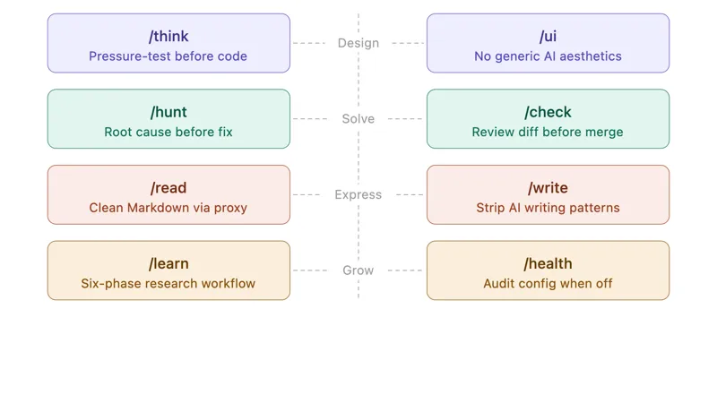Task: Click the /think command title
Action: coord(168,36)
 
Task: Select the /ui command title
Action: coord(548,36)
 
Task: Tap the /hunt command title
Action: coord(168,112)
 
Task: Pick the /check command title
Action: coord(548,112)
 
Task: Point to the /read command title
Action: coord(168,188)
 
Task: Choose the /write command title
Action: coord(548,188)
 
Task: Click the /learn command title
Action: coord(168,263)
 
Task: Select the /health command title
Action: coord(548,263)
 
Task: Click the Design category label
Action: coord(358,43)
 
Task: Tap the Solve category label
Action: coord(358,119)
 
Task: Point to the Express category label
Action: coord(358,194)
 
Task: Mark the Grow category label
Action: coord(358,270)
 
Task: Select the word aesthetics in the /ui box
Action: coord(591,56)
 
